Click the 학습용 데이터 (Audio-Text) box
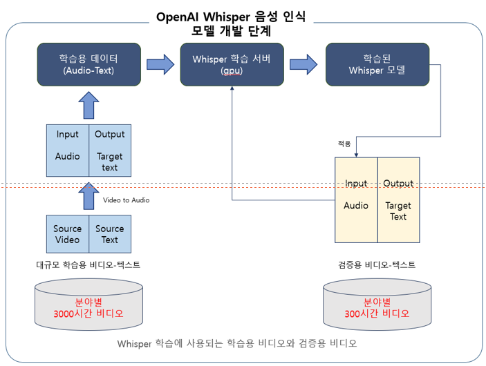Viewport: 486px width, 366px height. pyautogui.click(x=88, y=64)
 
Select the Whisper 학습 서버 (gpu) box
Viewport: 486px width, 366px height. pyautogui.click(x=232, y=64)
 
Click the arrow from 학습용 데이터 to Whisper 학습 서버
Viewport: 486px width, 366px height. pyautogui.click(x=160, y=64)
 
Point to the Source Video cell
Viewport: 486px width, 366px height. pyautogui.click(x=68, y=234)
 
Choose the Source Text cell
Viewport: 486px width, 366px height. pyautogui.click(x=110, y=234)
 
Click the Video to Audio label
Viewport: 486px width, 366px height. pyautogui.click(x=126, y=200)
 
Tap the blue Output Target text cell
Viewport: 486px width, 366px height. pyautogui.click(x=110, y=151)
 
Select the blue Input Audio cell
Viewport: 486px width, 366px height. pyautogui.click(x=68, y=151)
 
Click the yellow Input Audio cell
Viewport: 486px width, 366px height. pyautogui.click(x=356, y=200)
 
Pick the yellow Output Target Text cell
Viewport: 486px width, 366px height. pyautogui.click(x=398, y=200)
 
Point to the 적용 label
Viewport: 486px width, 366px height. pyautogui.click(x=344, y=144)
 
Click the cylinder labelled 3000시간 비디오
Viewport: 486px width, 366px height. pyautogui.click(x=89, y=305)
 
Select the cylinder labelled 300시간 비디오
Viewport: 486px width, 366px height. pyautogui.click(x=377, y=305)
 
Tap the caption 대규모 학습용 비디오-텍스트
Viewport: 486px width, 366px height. pyautogui.click(x=88, y=264)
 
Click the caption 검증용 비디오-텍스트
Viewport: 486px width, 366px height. pyautogui.click(x=377, y=264)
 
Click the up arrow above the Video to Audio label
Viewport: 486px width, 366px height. pyautogui.click(x=88, y=195)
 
